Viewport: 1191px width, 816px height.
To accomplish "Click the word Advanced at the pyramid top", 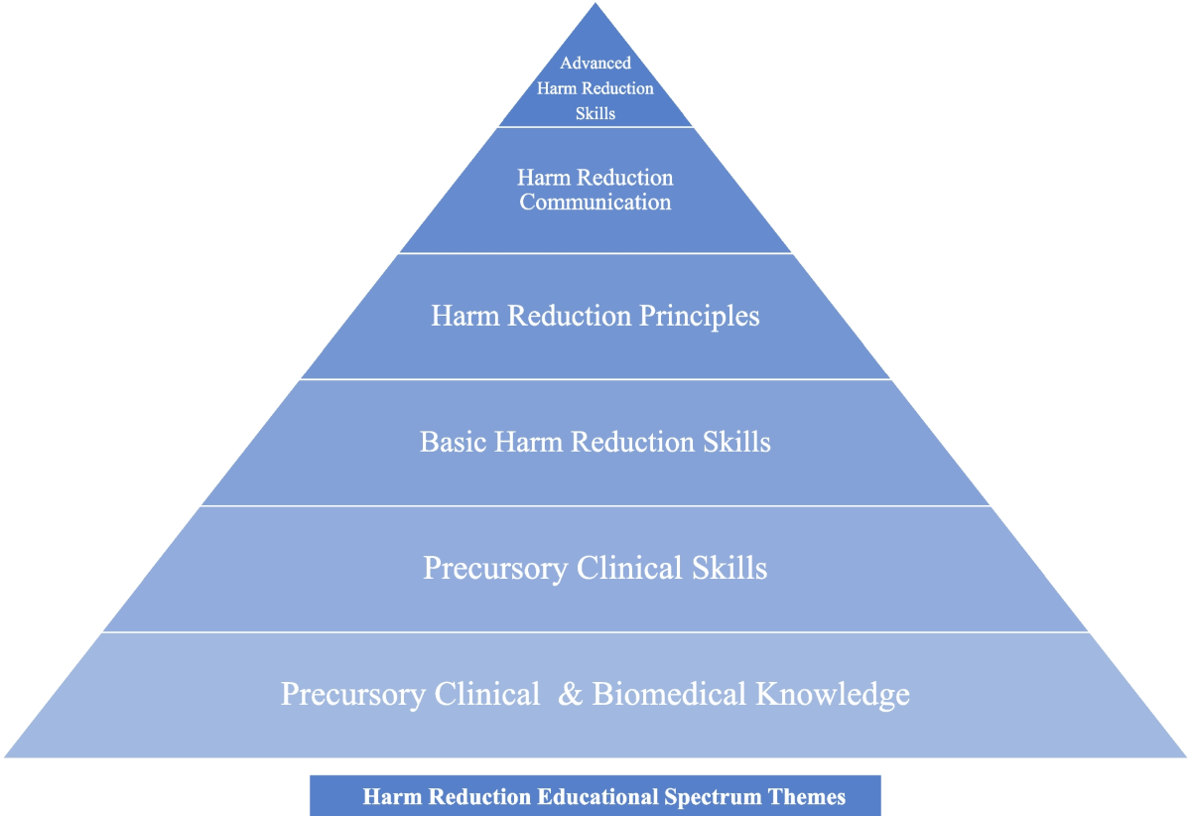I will tap(595, 64).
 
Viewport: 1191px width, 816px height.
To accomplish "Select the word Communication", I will tap(595, 203).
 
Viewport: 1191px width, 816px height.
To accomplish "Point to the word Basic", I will tap(445, 442).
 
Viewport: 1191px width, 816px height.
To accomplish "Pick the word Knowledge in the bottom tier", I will tap(832, 694).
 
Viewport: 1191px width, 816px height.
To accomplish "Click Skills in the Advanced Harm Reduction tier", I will tap(595, 113).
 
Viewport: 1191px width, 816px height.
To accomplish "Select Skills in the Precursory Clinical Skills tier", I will tap(728, 568).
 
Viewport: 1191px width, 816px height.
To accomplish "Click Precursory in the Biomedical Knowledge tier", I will tap(353, 694).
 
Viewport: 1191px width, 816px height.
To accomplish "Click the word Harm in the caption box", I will tap(386, 797).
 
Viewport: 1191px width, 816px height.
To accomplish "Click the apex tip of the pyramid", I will tap(595, 5).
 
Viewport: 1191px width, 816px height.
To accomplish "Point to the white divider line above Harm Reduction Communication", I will tap(595, 127).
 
